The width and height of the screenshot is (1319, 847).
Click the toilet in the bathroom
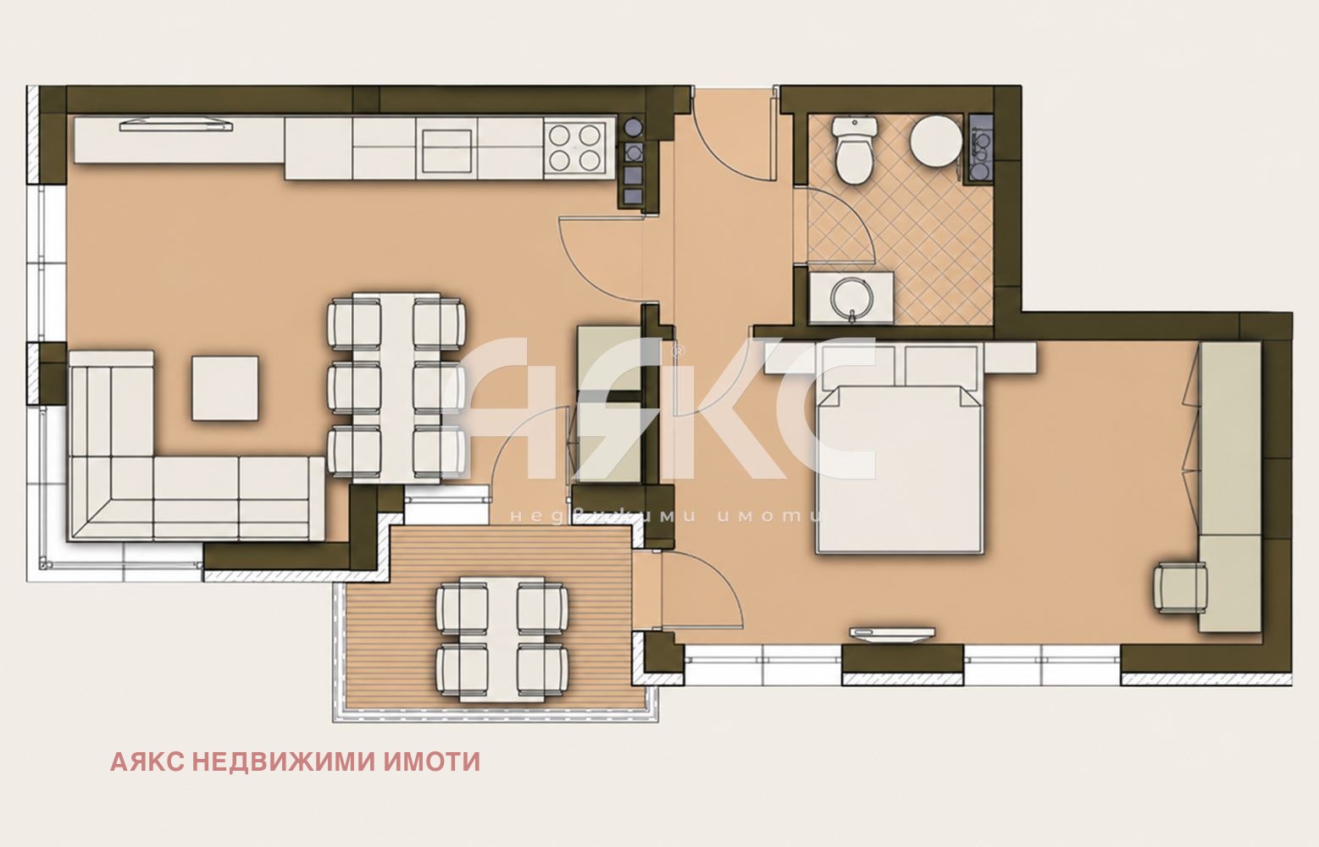(855, 150)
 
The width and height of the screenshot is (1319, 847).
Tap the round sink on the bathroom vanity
(851, 297)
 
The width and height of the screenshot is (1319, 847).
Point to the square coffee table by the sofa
(225, 388)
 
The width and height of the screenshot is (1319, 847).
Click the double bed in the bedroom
(899, 468)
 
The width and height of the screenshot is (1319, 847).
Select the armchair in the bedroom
(1180, 588)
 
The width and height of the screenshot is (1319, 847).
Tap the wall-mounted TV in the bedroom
(891, 633)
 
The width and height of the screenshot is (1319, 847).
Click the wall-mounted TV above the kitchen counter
(176, 125)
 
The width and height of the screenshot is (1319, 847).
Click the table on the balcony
(502, 639)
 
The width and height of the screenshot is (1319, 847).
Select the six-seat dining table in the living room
(396, 389)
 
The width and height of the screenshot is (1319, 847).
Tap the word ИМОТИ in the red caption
(432, 761)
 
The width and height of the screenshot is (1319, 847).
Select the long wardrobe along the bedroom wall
(1230, 487)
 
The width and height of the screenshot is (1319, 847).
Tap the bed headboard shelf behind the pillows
(900, 359)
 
